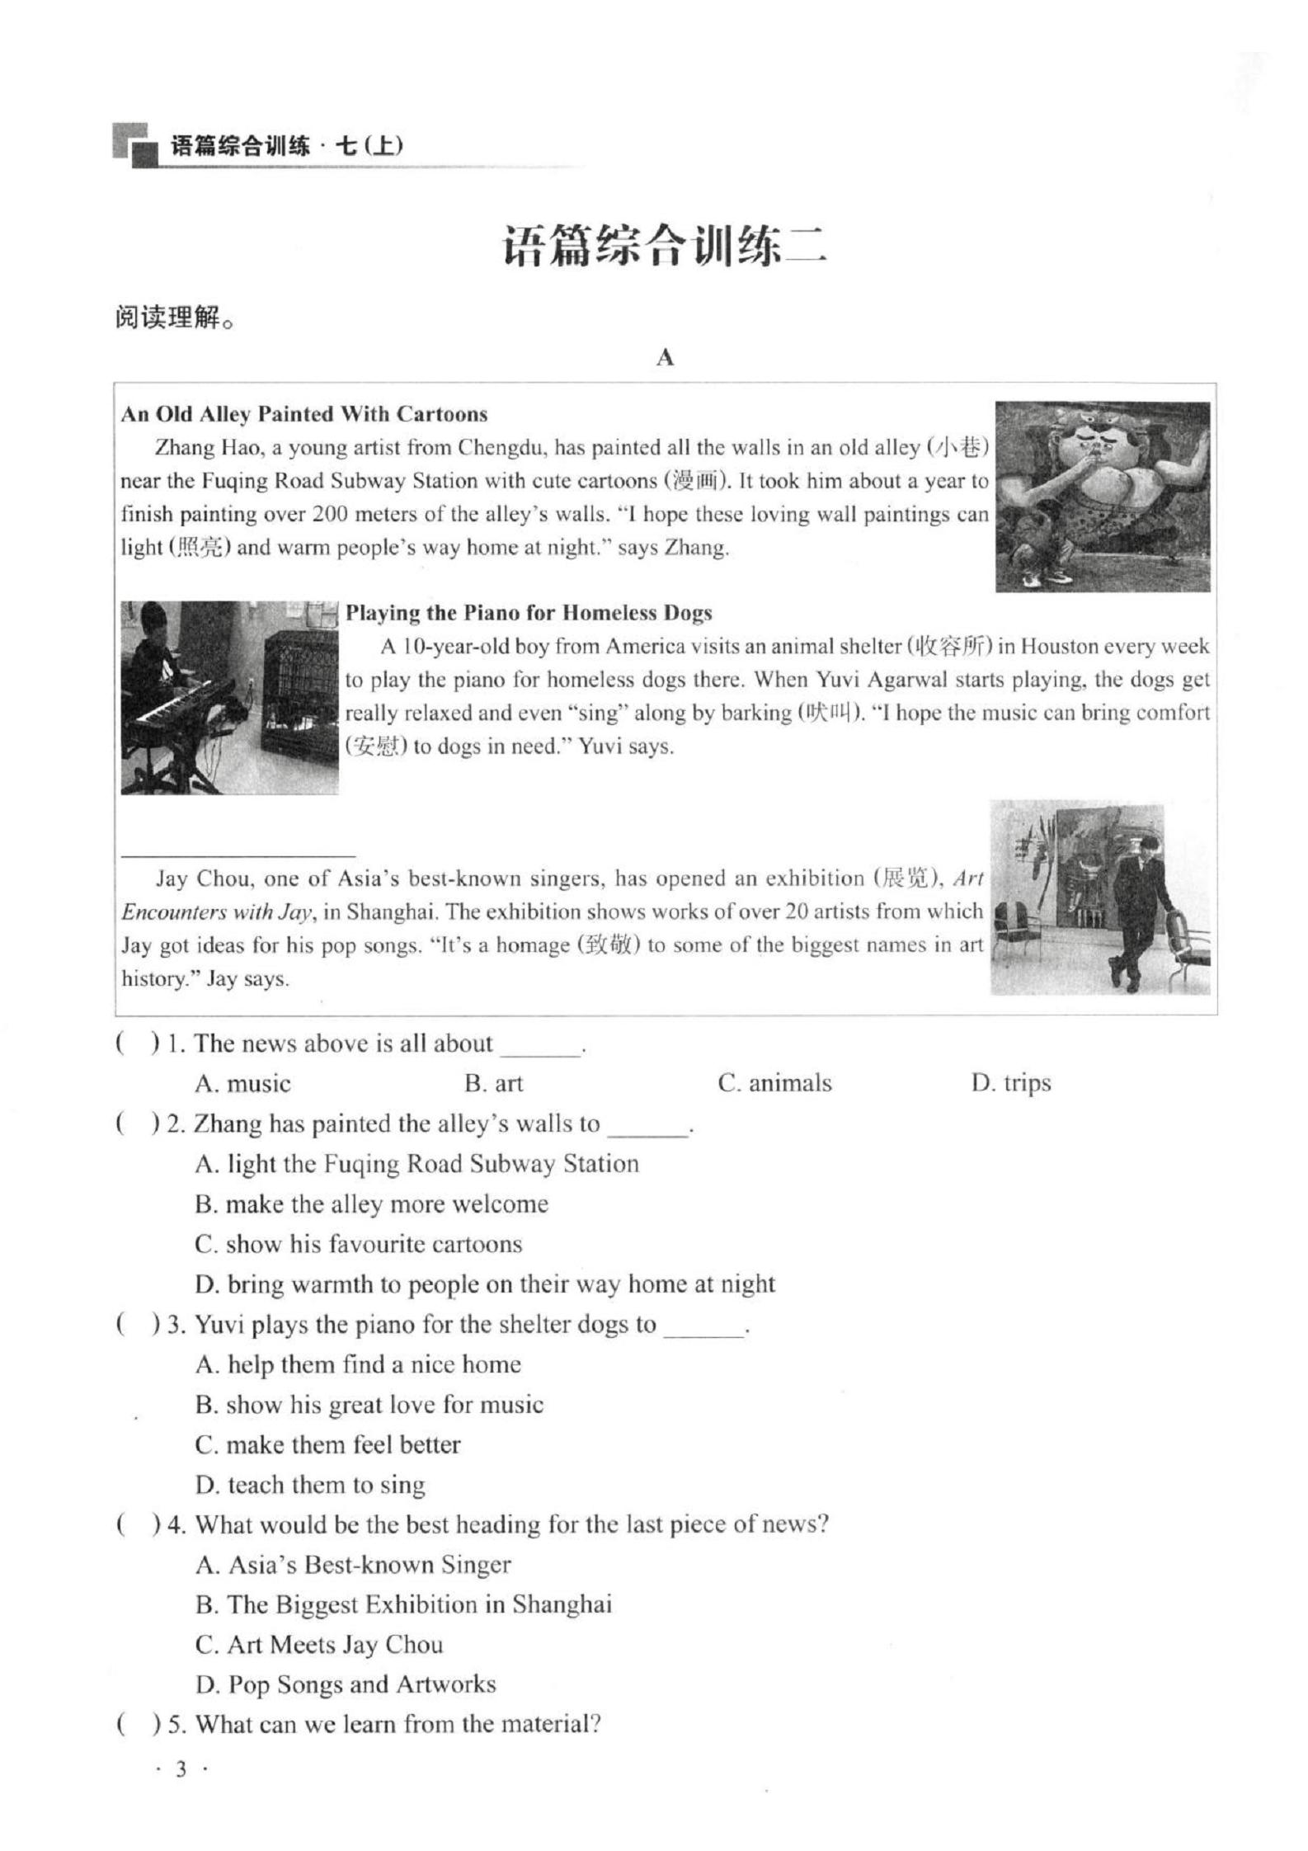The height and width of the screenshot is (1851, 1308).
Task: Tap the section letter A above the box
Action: coord(665,357)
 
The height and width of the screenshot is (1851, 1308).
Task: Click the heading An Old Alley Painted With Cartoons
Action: coord(304,414)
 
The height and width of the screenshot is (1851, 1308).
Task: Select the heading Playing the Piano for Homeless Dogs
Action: coord(529,613)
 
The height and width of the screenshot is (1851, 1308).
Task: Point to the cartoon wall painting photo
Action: coord(1102,497)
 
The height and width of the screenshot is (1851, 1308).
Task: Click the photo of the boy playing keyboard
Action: coord(229,698)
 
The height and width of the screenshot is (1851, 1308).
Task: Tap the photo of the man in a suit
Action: coord(1100,897)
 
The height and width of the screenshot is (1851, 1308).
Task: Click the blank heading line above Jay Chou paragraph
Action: coord(238,855)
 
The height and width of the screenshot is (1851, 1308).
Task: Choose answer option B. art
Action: coord(493,1083)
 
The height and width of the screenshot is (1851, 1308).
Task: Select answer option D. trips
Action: coord(1010,1083)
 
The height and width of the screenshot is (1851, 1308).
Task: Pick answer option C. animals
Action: coord(774,1083)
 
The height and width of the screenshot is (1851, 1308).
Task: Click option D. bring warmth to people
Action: coord(485,1284)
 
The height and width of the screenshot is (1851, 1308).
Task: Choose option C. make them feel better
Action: coord(327,1445)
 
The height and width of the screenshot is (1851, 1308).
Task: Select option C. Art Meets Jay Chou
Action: coord(319,1645)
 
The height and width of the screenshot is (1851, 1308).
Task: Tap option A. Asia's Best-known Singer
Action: coord(353,1565)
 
